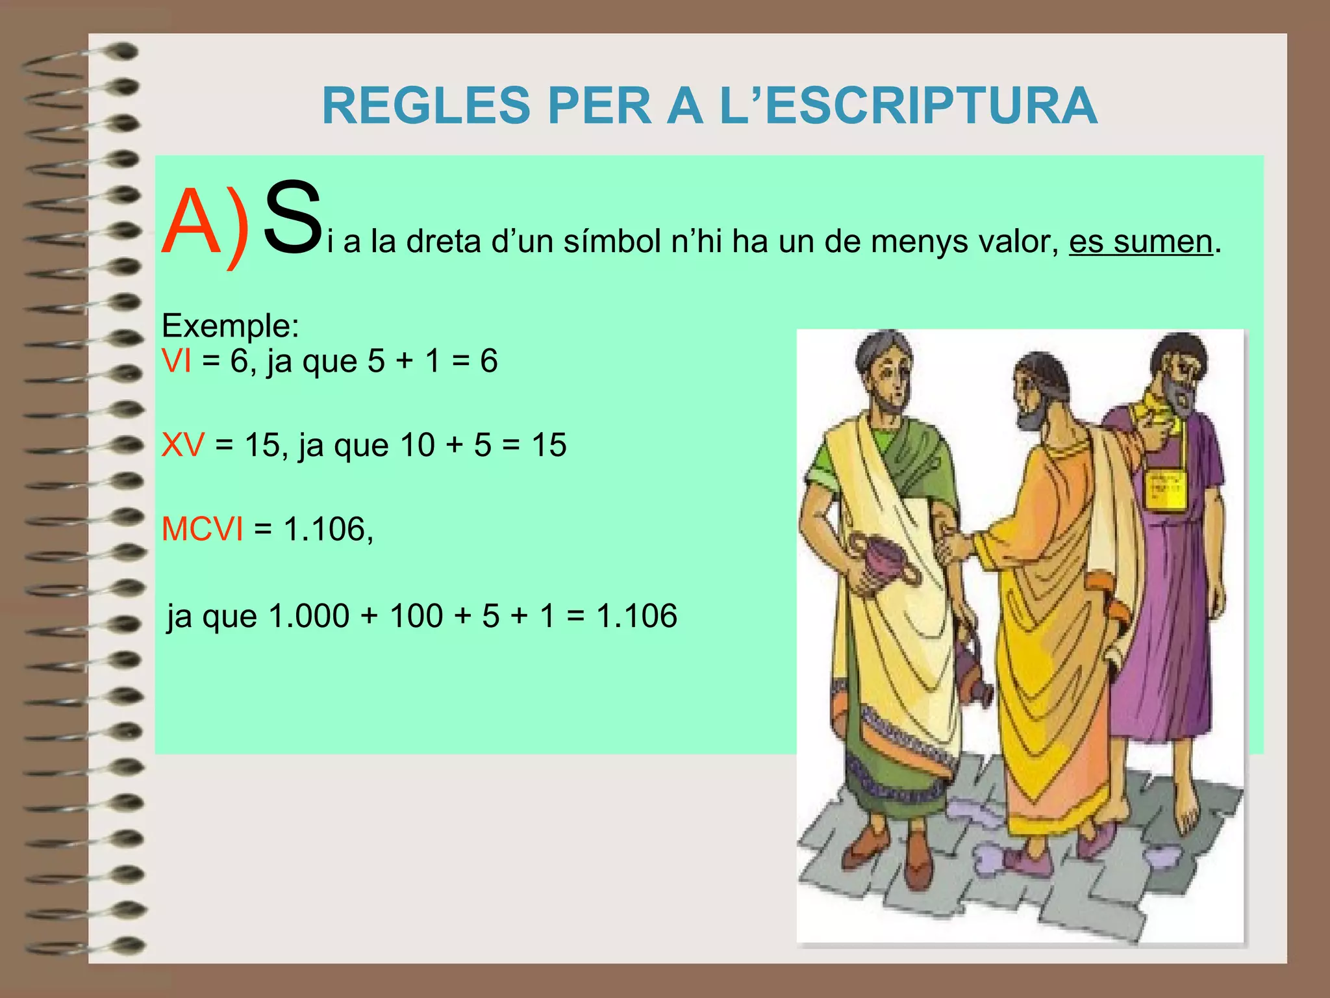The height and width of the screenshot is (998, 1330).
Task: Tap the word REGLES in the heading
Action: point(426,106)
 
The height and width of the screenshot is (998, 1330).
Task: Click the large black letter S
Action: point(293,218)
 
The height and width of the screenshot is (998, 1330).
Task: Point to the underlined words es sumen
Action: point(1141,242)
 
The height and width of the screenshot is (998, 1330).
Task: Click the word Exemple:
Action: point(230,326)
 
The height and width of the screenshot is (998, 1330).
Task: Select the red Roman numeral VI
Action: point(177,361)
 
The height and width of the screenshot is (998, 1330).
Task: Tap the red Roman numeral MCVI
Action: point(202,530)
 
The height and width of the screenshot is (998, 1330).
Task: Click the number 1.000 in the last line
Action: point(309,616)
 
